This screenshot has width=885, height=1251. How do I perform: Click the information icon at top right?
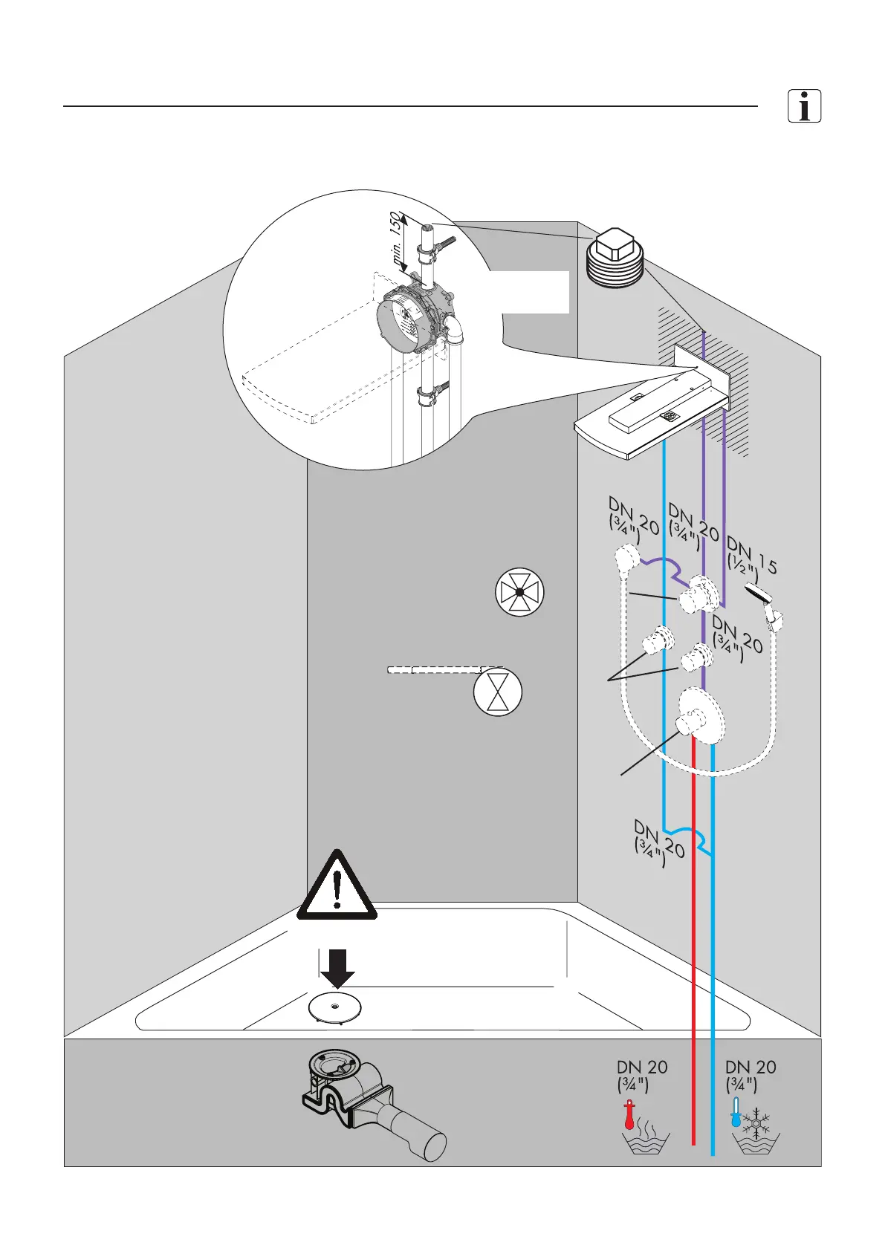click(x=804, y=105)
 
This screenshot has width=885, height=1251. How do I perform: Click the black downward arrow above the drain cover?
click(x=337, y=967)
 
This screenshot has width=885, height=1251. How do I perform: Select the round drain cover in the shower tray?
click(x=335, y=1007)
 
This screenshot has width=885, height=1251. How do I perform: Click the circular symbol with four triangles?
click(x=520, y=592)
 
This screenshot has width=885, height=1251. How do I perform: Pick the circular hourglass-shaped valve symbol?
click(x=498, y=692)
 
